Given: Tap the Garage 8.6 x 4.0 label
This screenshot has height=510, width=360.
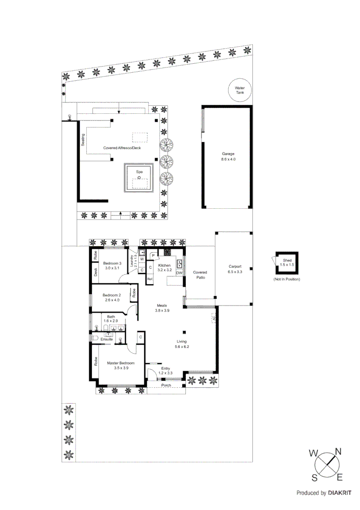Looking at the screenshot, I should point(228,157).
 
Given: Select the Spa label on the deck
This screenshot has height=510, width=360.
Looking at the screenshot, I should point(139,172).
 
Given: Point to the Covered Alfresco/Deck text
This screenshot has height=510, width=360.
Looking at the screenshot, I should point(122,148).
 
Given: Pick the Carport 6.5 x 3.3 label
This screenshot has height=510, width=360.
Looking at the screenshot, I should point(234,269).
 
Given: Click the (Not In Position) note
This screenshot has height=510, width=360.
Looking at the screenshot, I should point(286,280).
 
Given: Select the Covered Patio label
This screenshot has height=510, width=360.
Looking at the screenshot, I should point(200,275).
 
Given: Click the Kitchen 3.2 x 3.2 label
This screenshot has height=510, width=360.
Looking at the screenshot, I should point(165,268).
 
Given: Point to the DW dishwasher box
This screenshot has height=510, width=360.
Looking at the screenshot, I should point(179,273).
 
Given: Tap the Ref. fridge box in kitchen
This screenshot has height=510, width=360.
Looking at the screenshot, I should point(150,280).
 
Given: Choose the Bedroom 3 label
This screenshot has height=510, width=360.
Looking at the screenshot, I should point(112,265).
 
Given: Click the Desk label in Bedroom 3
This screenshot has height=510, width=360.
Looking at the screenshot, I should point(95,272).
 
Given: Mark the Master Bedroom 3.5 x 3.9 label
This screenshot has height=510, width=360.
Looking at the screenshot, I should point(120,365).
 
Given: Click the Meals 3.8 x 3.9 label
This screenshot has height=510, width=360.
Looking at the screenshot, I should point(162,308).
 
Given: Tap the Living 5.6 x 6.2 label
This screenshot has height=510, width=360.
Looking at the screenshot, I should point(182,344).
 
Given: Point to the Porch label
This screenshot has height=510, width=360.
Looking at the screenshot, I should point(166,385).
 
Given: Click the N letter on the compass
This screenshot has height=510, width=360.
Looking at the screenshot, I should point(338,451).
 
